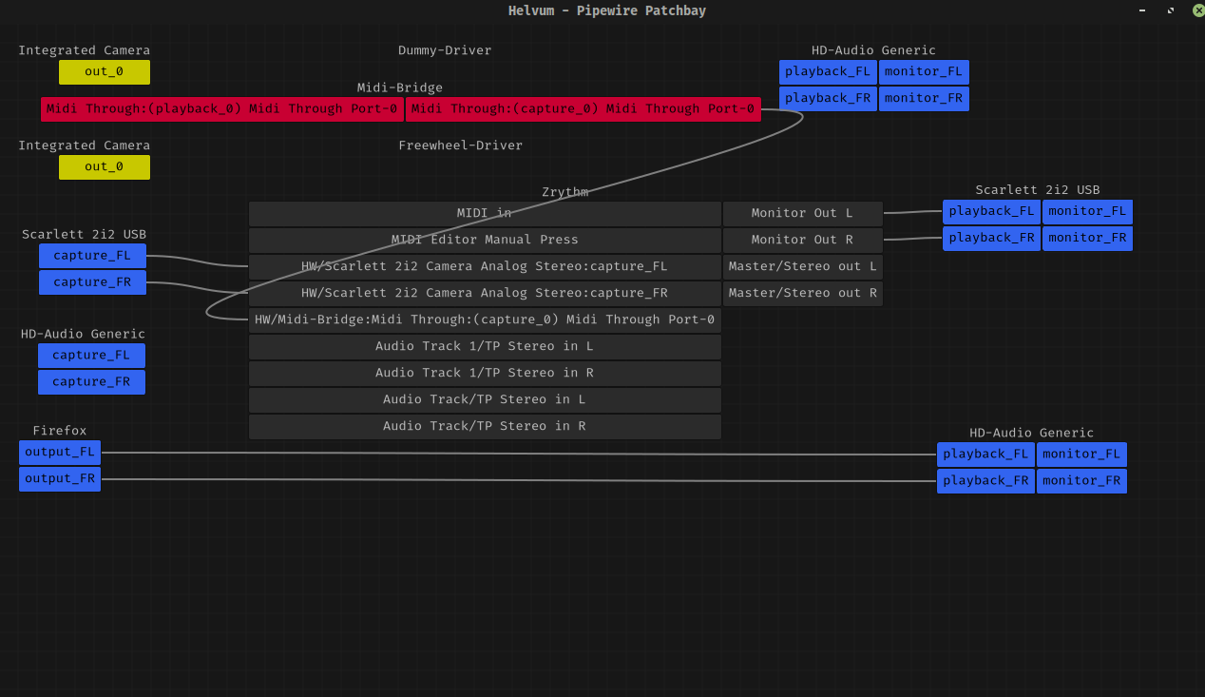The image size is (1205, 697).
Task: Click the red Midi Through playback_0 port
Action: pyautogui.click(x=222, y=108)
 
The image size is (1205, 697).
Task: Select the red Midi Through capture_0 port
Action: pyautogui.click(x=583, y=108)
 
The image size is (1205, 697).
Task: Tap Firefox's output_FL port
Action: pyautogui.click(x=60, y=452)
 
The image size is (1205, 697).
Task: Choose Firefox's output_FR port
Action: pyautogui.click(x=60, y=479)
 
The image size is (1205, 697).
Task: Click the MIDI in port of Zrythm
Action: pyautogui.click(x=485, y=213)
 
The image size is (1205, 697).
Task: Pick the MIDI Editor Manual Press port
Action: pyautogui.click(x=485, y=240)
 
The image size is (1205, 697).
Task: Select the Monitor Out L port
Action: pyautogui.click(x=803, y=213)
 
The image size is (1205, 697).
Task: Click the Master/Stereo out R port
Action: pyautogui.click(x=803, y=293)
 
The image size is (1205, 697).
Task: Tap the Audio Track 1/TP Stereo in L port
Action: pyautogui.click(x=485, y=346)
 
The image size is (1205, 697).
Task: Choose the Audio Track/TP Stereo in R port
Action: pyautogui.click(x=485, y=426)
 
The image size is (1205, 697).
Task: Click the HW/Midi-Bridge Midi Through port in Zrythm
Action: pyautogui.click(x=485, y=319)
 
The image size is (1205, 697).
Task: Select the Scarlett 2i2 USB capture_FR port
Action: pyautogui.click(x=92, y=282)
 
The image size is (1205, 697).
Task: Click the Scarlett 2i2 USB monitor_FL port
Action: pyautogui.click(x=1087, y=211)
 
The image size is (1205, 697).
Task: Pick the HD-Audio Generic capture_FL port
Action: pyautogui.click(x=91, y=356)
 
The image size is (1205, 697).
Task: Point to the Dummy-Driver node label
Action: pyautogui.click(x=445, y=50)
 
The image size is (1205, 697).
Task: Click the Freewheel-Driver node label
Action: pyautogui.click(x=461, y=145)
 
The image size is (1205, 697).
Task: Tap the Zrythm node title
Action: pyautogui.click(x=564, y=192)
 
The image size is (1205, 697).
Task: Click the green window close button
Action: pyautogui.click(x=1198, y=10)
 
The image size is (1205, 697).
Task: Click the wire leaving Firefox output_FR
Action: pyautogui.click(x=519, y=480)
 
